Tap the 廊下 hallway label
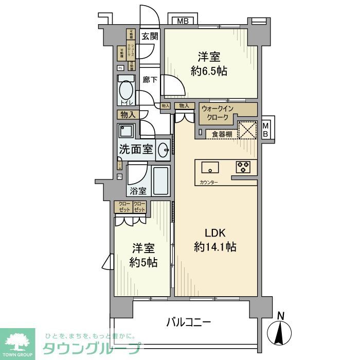click(150, 80)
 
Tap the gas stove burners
click(243, 167)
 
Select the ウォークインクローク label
click(218, 113)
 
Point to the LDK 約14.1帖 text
click(215, 240)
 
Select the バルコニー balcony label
click(188, 323)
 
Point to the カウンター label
click(206, 183)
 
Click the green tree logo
click(17, 341)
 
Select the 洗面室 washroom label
click(136, 150)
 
